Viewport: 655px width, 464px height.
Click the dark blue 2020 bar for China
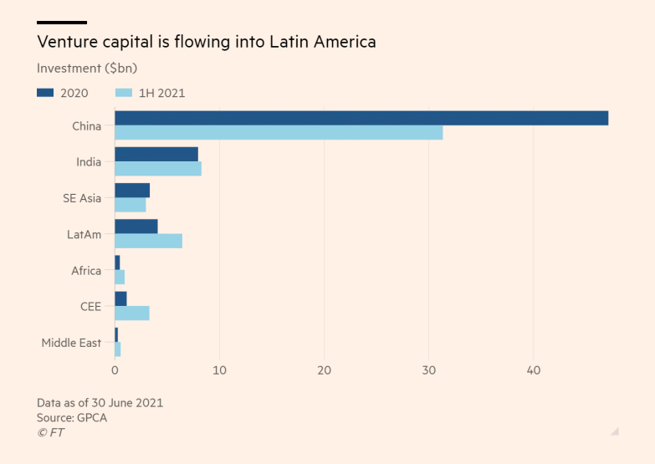361,118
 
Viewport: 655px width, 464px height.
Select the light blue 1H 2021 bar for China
279,132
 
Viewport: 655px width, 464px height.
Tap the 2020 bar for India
156,154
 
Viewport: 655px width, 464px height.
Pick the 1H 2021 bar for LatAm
148,241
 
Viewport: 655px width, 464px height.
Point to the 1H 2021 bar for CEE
132,313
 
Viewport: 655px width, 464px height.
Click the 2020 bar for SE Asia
132,191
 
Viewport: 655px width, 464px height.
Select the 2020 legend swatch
45,93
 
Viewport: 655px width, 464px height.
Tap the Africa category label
86,271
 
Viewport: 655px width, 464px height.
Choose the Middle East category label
71,343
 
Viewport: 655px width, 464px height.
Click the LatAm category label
84,235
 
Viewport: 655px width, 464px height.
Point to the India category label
89,162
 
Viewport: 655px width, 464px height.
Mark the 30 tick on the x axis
428,370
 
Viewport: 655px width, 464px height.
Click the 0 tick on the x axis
115,370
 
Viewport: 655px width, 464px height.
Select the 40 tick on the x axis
533,370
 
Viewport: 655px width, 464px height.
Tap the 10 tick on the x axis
219,370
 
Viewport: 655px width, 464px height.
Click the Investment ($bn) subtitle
87,68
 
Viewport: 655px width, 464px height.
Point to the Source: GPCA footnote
72,417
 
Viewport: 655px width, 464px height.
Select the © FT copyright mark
50,432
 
